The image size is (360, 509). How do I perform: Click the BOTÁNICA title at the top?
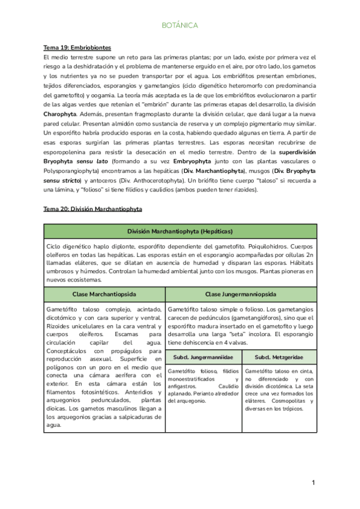[x=179, y=26]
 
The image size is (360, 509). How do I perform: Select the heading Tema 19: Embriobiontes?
[x=77, y=47]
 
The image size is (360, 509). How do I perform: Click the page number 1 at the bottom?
[x=313, y=483]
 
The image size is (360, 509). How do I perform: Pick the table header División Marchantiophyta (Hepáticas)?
[x=179, y=232]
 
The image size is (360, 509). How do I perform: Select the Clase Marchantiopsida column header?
[x=104, y=294]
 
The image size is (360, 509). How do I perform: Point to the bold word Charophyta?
[x=60, y=113]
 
